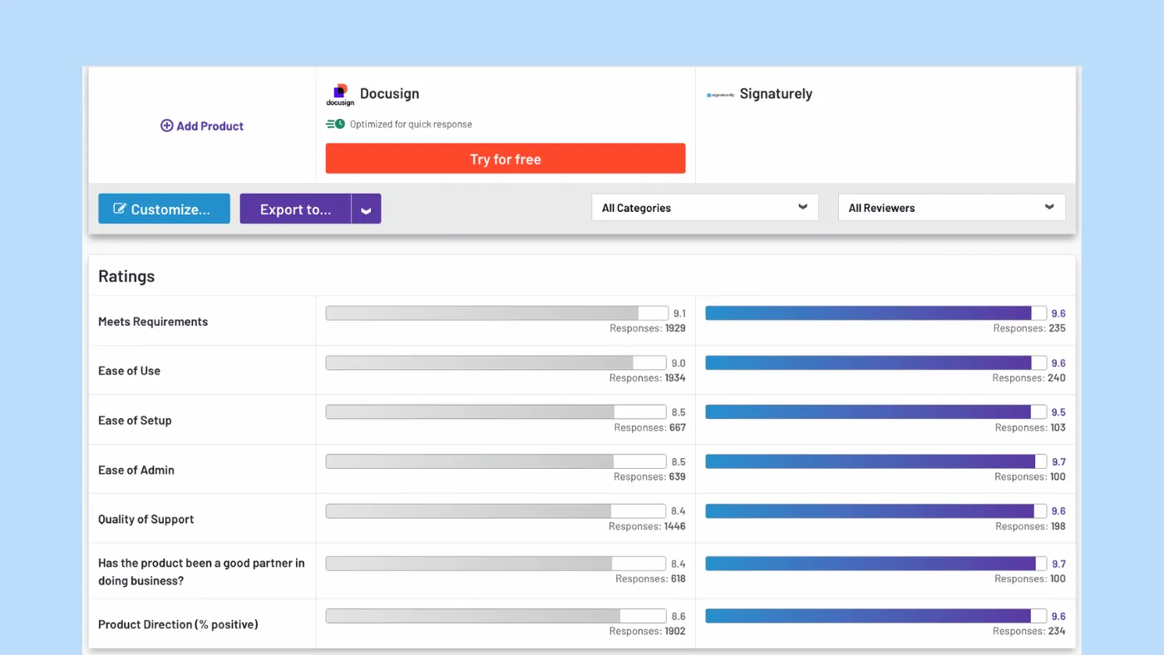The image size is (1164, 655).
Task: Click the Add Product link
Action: click(202, 126)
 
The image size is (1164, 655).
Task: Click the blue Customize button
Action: click(164, 209)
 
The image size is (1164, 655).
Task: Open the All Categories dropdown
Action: click(704, 208)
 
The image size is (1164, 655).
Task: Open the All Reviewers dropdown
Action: click(951, 208)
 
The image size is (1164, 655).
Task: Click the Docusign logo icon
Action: click(339, 95)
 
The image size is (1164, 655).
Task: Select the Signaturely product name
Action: click(776, 94)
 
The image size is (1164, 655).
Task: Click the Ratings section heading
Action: click(126, 277)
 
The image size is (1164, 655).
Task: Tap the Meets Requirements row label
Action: click(153, 322)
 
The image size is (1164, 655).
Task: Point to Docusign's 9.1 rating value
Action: click(679, 314)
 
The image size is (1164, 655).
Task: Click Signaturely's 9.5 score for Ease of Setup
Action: click(1058, 412)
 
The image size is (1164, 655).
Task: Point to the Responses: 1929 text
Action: click(648, 328)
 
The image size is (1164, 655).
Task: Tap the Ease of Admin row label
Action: click(136, 470)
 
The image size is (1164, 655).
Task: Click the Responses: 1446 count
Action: click(647, 526)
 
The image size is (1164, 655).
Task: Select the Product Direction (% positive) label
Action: click(178, 624)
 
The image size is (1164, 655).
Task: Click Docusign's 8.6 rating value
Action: click(678, 617)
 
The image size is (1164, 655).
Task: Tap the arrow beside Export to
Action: click(366, 209)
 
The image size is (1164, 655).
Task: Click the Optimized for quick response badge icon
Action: click(335, 125)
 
